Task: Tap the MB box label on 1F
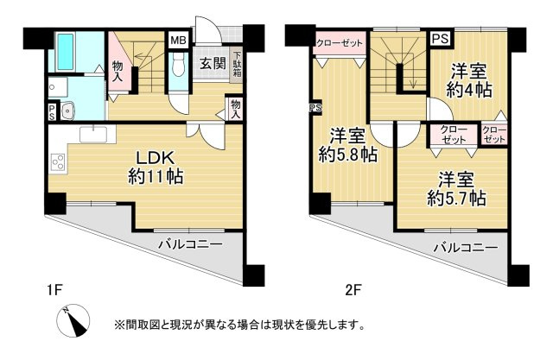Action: [178, 40]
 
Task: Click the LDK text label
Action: [155, 159]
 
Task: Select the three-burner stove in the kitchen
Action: [59, 161]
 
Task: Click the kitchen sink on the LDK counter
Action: [92, 134]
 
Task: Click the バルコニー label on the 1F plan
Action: [190, 244]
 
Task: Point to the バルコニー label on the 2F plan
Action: [465, 248]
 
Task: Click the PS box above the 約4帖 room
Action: [440, 39]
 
